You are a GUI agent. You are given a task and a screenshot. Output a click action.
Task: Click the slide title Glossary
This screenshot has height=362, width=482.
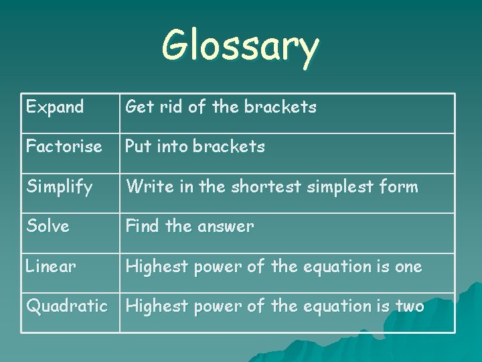pyautogui.click(x=240, y=47)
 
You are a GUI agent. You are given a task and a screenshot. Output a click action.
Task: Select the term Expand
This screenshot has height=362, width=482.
pyautogui.click(x=55, y=107)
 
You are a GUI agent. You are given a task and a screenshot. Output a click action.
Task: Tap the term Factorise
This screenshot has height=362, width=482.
pyautogui.click(x=64, y=146)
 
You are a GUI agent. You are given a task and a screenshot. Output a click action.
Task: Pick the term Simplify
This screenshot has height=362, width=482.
pyautogui.click(x=60, y=187)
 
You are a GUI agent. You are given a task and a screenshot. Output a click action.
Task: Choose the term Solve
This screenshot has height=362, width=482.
pyautogui.click(x=48, y=226)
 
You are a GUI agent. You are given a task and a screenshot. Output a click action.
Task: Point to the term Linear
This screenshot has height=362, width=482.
pyautogui.click(x=51, y=266)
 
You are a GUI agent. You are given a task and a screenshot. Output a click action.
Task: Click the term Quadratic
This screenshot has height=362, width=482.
pyautogui.click(x=66, y=306)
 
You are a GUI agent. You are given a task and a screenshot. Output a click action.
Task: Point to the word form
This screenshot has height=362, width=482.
pyautogui.click(x=399, y=186)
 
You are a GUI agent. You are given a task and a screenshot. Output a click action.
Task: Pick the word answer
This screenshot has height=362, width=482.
pyautogui.click(x=225, y=227)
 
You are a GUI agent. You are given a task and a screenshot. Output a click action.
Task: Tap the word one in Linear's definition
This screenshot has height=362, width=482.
pyautogui.click(x=408, y=267)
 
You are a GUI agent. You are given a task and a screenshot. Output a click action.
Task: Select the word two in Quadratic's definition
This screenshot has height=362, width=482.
pyautogui.click(x=410, y=306)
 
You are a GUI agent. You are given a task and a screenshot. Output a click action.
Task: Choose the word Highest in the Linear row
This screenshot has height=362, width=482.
pyautogui.click(x=157, y=267)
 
